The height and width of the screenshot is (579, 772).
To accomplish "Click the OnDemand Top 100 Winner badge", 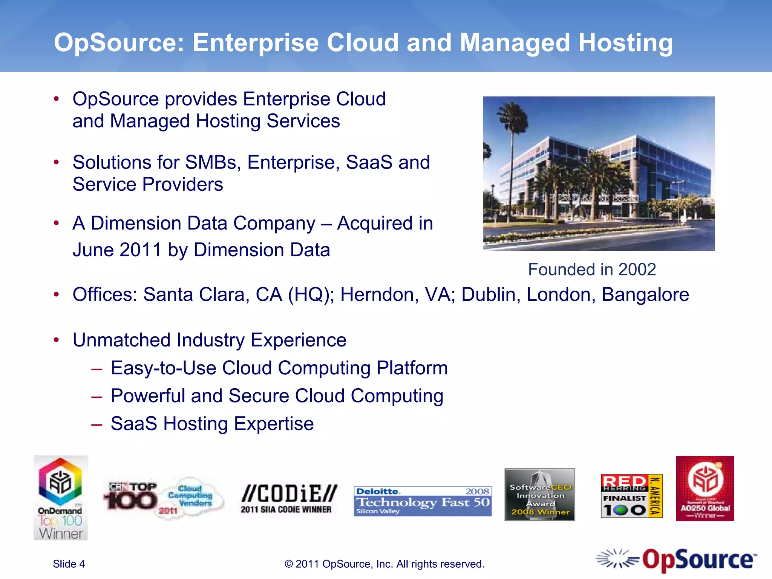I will (x=61, y=498).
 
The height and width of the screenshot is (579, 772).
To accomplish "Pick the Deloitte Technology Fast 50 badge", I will (x=423, y=501).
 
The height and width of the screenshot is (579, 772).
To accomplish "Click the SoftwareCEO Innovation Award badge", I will (x=540, y=495).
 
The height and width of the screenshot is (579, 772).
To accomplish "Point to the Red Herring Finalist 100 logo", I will (x=631, y=496).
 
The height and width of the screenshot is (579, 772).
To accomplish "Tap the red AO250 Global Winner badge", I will (x=705, y=489).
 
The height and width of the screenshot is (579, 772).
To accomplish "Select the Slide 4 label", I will (x=69, y=564).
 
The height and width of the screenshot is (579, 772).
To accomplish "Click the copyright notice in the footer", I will (x=384, y=564).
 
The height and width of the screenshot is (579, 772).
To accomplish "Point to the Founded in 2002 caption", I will (x=592, y=270).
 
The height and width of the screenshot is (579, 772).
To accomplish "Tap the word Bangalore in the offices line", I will (x=645, y=295).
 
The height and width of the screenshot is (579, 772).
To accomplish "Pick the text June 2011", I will (x=117, y=250).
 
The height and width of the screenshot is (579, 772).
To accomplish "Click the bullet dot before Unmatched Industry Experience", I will (x=57, y=340).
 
